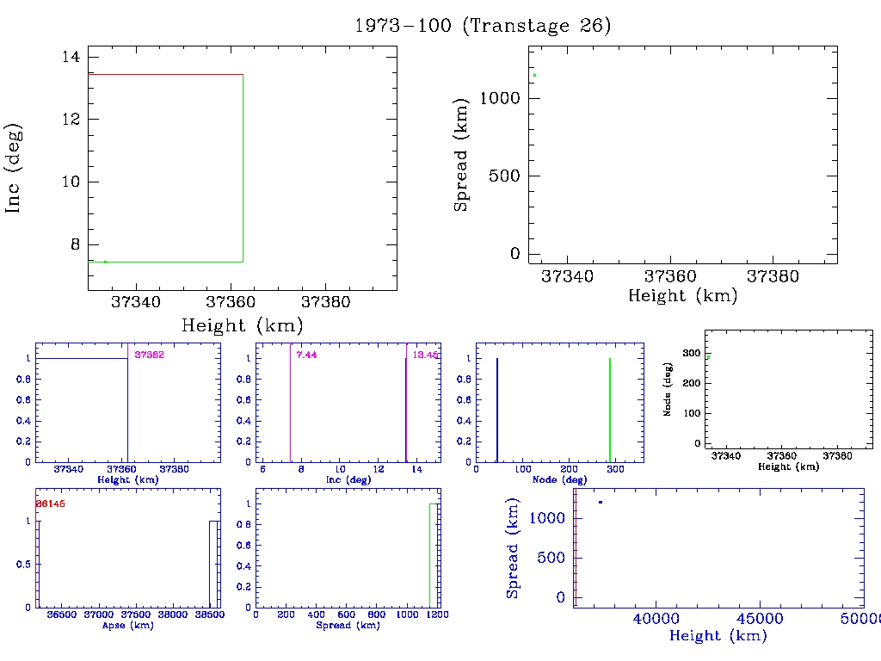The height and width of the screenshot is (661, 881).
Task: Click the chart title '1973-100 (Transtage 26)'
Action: point(483,26)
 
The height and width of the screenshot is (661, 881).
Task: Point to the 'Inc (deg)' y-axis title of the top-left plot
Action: point(14,168)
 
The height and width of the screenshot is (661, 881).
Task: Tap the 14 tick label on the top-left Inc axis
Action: point(71,57)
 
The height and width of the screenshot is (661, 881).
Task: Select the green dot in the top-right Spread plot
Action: point(534,75)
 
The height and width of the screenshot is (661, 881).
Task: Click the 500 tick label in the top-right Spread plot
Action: point(505,176)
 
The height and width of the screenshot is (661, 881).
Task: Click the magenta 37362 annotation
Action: point(149,355)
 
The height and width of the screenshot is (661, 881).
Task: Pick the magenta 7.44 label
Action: point(306,355)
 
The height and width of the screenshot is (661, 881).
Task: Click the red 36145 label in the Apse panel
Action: point(50,503)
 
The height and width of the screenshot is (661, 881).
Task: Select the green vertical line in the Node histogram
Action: point(609,410)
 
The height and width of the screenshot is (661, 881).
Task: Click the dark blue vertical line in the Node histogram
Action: point(497,410)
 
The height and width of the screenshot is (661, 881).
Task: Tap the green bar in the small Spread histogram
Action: point(433,555)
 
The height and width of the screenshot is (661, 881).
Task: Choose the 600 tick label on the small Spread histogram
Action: point(346,615)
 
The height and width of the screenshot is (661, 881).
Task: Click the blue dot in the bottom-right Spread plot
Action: point(601,502)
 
